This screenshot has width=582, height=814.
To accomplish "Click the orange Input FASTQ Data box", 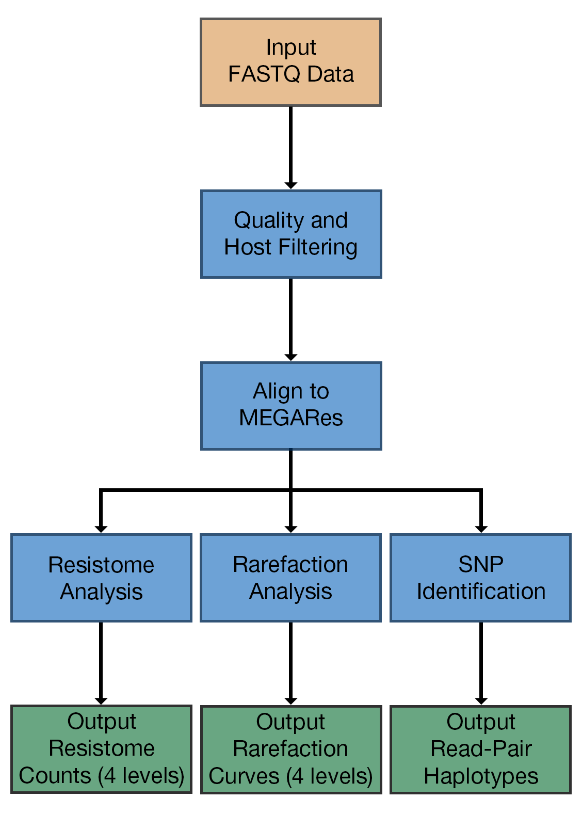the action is click(x=290, y=62).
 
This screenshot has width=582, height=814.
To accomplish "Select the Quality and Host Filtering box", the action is click(x=291, y=234).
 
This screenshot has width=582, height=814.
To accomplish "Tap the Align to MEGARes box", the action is click(x=291, y=406).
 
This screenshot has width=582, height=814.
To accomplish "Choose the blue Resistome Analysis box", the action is click(x=101, y=578).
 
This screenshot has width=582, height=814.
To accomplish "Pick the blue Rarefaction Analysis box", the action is click(x=290, y=578).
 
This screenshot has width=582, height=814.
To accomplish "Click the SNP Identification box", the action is click(x=481, y=578).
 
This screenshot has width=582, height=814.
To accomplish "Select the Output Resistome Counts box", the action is click(x=101, y=749).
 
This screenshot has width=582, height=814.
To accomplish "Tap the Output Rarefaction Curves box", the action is click(x=291, y=749).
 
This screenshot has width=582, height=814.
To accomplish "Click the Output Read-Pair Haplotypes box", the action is click(x=481, y=749).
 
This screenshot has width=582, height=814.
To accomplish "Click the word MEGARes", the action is click(x=291, y=418).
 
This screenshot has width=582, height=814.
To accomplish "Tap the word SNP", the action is click(x=481, y=564).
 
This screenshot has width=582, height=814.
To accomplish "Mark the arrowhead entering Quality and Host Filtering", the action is click(x=290, y=186).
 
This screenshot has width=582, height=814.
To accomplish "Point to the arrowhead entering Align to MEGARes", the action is click(x=290, y=358).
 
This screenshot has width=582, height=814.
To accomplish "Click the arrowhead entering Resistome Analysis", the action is click(x=101, y=530).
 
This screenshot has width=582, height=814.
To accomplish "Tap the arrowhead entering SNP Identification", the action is click(x=481, y=530).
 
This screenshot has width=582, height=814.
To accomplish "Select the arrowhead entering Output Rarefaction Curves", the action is click(x=290, y=701).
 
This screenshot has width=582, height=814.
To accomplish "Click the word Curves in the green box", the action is click(x=244, y=776).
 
